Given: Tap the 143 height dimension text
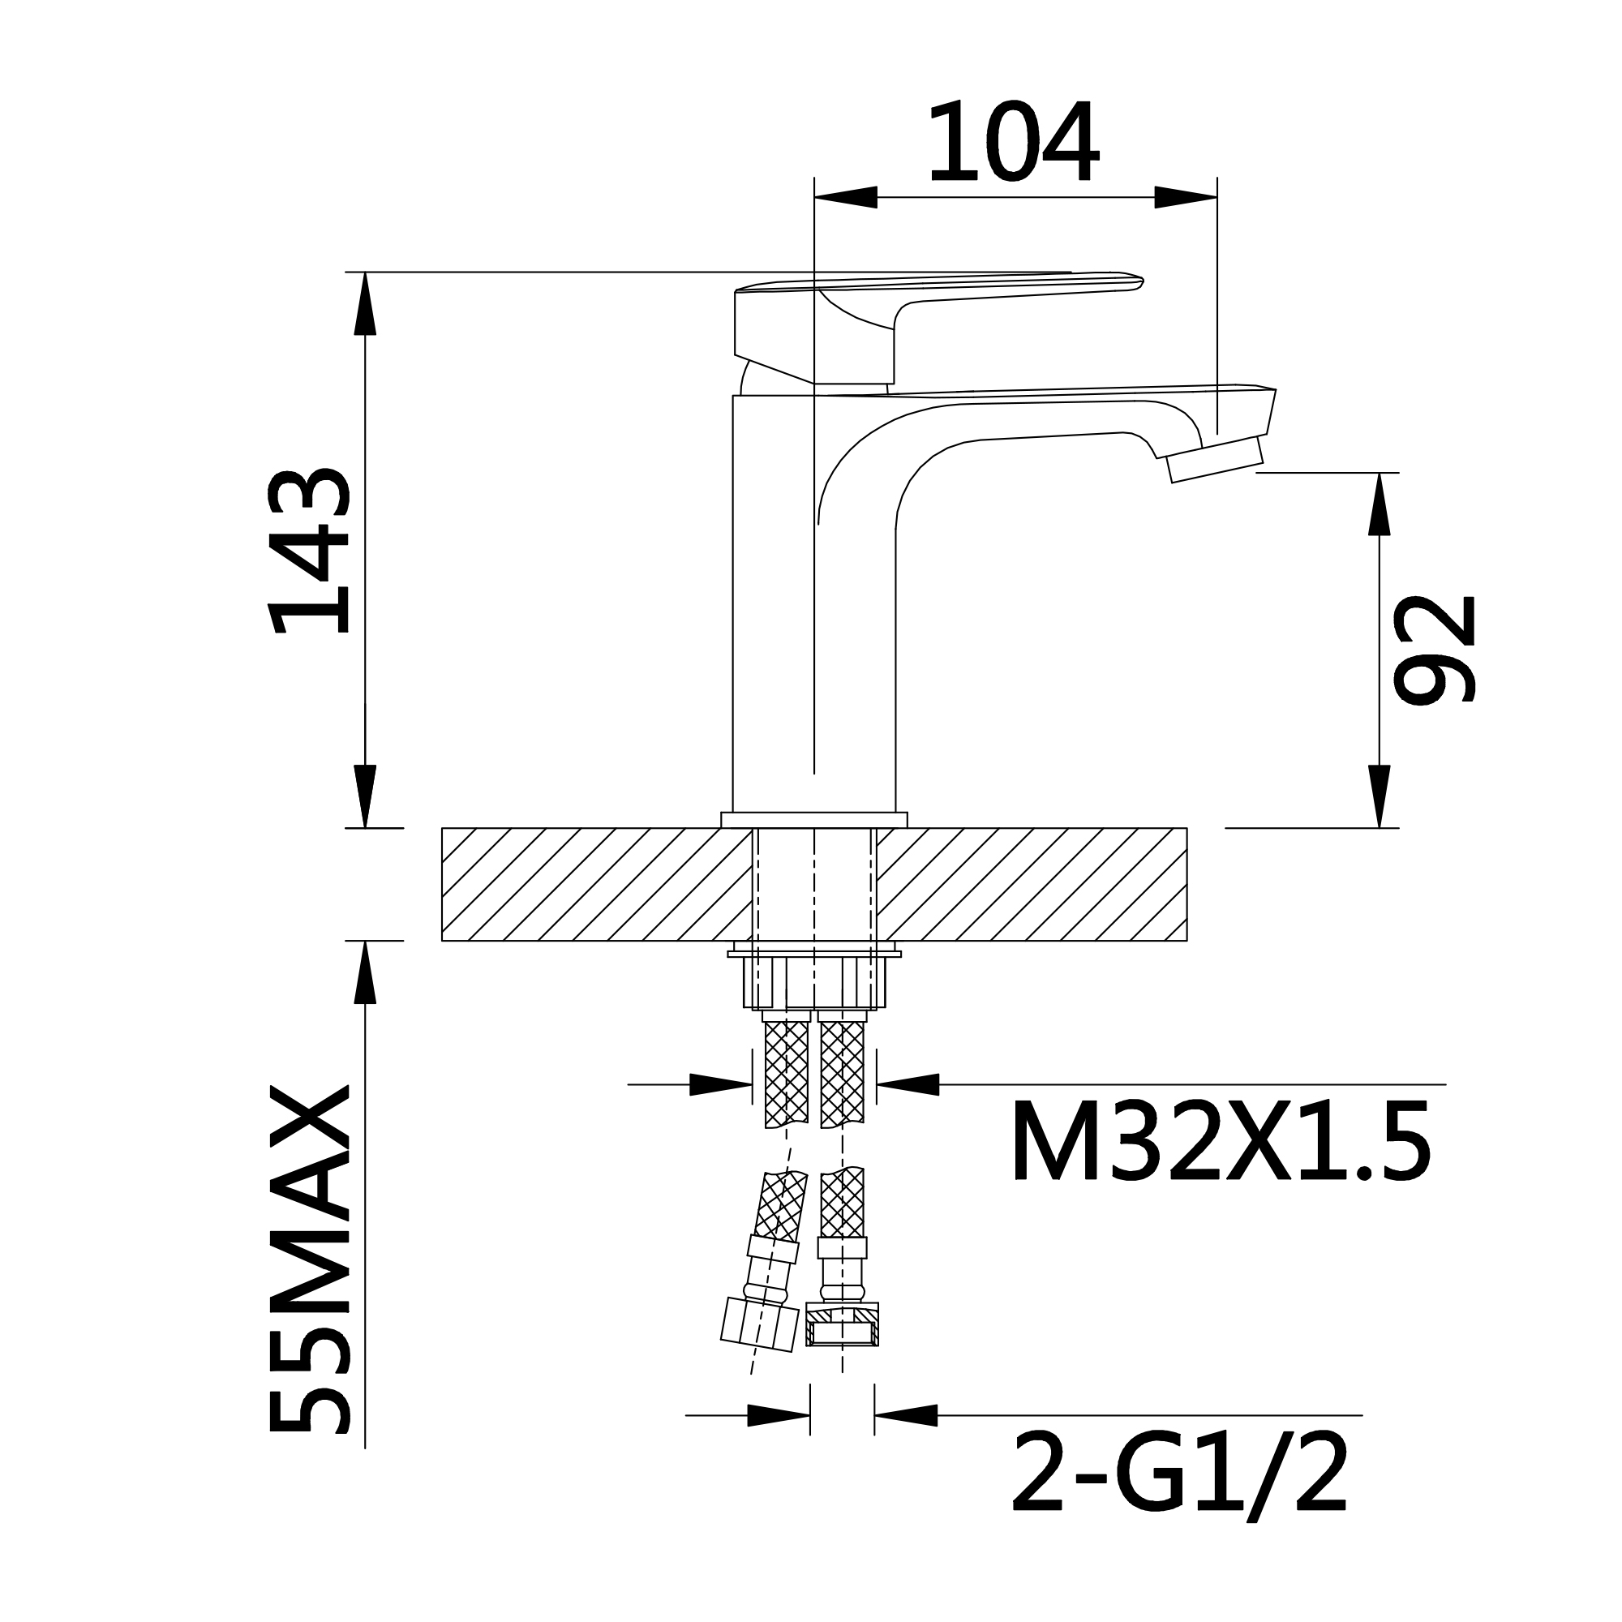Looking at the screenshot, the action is click(308, 551).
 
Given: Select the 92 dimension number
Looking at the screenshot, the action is click(1433, 649).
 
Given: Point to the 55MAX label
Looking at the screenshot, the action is click(308, 1259).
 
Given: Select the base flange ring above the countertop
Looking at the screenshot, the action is click(813, 819).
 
